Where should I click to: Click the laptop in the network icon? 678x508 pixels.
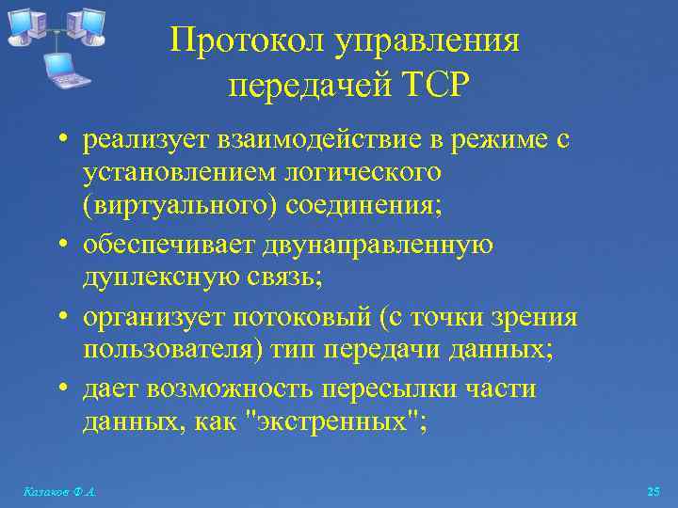click(x=67, y=69)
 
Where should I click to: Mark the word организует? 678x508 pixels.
click(x=147, y=318)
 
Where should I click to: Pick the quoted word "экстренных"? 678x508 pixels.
click(x=335, y=421)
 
